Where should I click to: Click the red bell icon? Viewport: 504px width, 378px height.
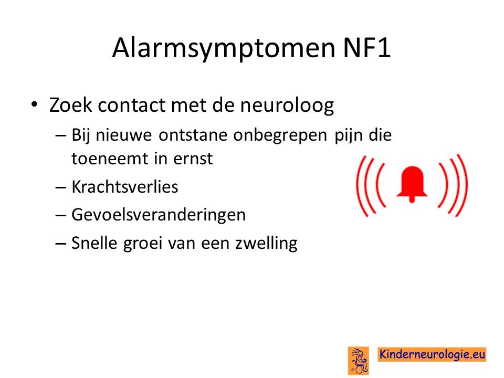[x=412, y=184]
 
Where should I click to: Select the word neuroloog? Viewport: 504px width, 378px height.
[x=287, y=106]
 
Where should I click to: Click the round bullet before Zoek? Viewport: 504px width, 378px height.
[x=34, y=105]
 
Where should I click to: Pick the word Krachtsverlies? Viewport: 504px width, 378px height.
[x=125, y=187]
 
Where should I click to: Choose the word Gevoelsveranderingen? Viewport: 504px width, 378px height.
[x=159, y=215]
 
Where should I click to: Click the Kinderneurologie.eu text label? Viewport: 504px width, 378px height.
[x=432, y=354]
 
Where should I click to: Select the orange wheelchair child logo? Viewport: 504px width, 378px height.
[x=359, y=360]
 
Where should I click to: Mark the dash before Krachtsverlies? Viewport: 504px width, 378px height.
[x=61, y=187]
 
